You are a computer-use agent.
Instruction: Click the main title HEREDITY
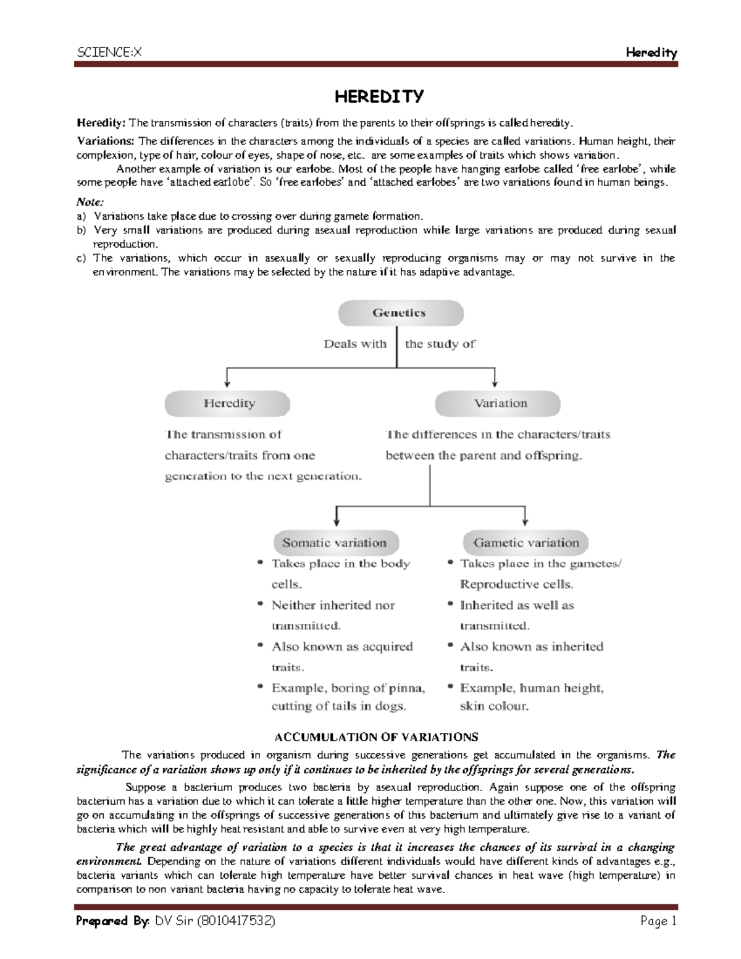379,96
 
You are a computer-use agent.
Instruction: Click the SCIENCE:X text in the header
109,52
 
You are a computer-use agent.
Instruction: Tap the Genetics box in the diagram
400,313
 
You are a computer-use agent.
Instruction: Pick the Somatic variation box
334,543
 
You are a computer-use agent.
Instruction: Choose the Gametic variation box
526,543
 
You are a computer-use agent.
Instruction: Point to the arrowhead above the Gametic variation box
525,520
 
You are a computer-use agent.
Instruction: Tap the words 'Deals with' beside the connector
355,345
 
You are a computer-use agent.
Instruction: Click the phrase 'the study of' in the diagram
440,345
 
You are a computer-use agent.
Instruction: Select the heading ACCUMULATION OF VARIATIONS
376,737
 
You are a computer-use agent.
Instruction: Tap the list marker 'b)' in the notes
80,230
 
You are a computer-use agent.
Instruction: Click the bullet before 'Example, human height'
451,687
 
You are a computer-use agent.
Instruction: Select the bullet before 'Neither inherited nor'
262,605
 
